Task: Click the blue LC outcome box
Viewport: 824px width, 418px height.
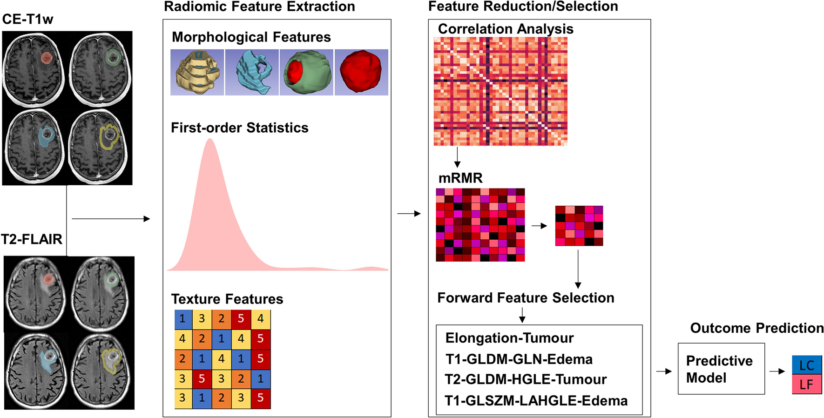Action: pos(807,364)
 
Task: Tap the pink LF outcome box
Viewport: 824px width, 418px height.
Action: pos(807,384)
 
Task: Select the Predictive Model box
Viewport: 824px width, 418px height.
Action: pos(721,369)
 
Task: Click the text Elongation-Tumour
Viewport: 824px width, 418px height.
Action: pos(509,338)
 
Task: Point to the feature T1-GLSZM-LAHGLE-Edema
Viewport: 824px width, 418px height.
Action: pos(536,401)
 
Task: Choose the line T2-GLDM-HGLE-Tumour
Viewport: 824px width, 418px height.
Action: pos(526,379)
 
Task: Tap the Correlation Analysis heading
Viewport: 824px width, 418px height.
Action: pos(505,29)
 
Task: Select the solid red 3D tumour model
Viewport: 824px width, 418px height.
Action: pos(361,72)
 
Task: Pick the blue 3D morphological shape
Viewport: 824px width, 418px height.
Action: pos(252,72)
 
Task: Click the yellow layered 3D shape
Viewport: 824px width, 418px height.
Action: pos(197,72)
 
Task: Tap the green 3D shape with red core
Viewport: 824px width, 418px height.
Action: pos(306,72)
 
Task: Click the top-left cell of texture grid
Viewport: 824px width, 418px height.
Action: pos(182,319)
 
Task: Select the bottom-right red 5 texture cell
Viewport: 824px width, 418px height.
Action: pos(261,398)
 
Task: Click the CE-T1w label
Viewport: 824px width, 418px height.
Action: pos(27,19)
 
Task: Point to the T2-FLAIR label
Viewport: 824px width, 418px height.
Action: pos(32,239)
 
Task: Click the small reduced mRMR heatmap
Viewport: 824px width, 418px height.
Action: pos(579,226)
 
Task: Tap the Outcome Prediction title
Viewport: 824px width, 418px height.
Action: pos(756,328)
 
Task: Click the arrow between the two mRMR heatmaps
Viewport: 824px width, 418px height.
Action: pos(539,226)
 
